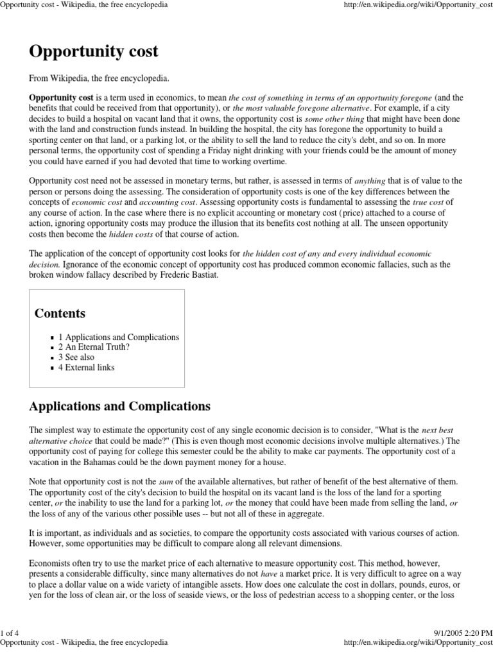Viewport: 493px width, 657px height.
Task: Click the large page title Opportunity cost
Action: coord(94,52)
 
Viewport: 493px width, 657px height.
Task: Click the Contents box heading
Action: coord(60,314)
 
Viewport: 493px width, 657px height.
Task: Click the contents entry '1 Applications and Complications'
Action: coord(119,337)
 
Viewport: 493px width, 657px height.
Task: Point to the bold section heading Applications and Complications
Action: coord(120,407)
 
